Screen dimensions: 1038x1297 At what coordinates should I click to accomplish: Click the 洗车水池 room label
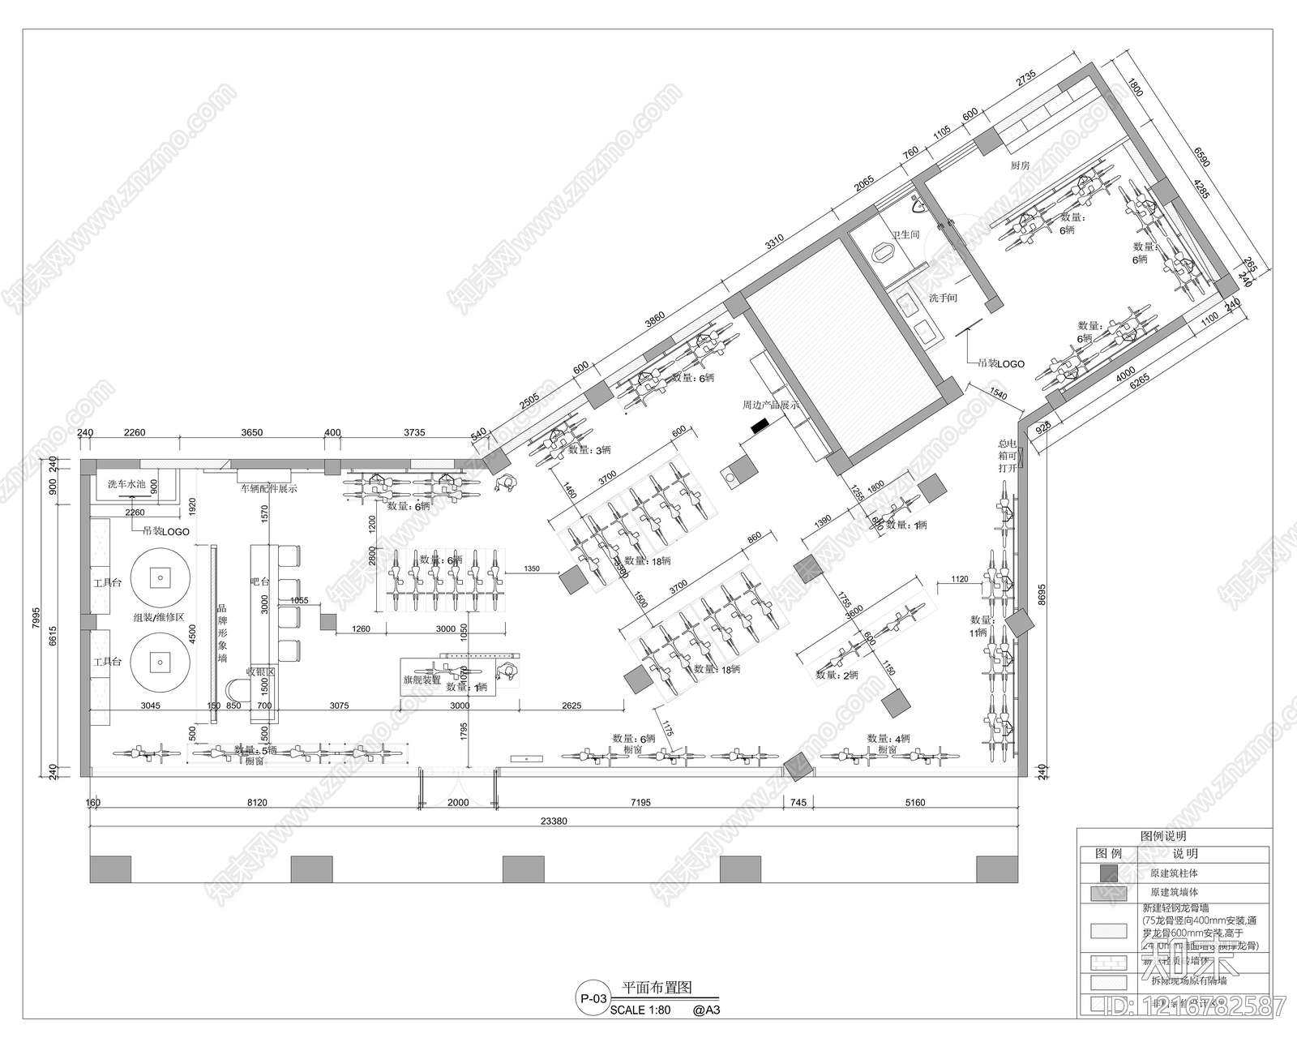click(x=126, y=484)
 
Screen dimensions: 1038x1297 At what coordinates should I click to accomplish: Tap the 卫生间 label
click(x=905, y=234)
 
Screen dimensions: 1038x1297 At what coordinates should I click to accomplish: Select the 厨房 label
click(x=1020, y=165)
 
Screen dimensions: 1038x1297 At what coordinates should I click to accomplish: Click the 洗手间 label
click(x=943, y=298)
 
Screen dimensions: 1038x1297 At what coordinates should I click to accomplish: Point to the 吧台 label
click(x=259, y=582)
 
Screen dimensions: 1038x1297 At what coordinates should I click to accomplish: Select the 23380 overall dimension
click(x=553, y=821)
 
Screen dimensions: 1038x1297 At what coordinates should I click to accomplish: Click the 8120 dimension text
click(x=256, y=803)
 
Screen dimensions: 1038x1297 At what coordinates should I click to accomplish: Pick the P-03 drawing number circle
click(x=592, y=998)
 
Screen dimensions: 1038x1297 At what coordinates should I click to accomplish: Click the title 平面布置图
click(x=656, y=989)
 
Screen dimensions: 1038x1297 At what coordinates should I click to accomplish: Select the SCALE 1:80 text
click(x=640, y=1010)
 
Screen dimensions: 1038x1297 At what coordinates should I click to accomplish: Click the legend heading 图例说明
click(x=1163, y=836)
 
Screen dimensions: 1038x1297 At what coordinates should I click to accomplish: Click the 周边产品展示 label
click(x=771, y=405)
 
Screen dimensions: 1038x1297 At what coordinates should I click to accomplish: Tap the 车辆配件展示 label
click(x=268, y=489)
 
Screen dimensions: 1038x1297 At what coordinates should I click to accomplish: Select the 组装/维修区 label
click(x=160, y=617)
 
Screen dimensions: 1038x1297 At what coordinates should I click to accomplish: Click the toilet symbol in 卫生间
click(x=883, y=255)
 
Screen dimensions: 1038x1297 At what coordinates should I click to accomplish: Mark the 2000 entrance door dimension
click(x=458, y=803)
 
